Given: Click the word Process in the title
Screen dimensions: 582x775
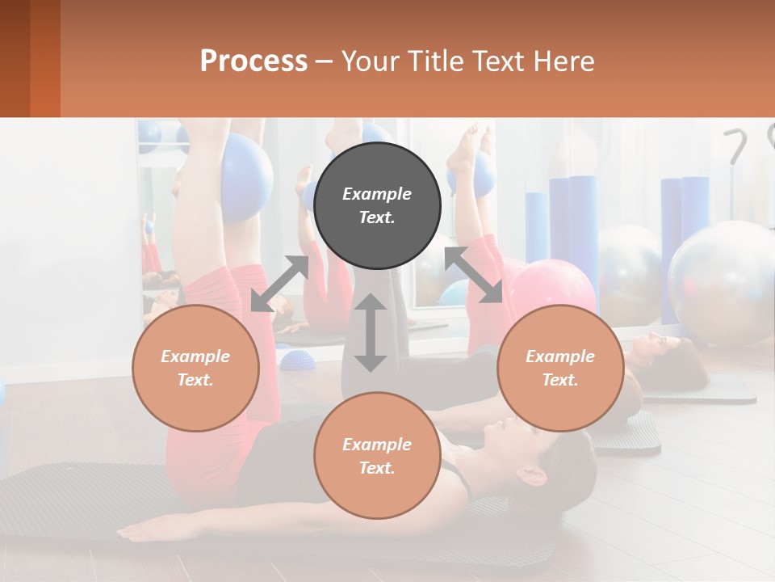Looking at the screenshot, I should (x=253, y=61).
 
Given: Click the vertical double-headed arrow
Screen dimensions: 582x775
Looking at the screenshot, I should (x=371, y=332).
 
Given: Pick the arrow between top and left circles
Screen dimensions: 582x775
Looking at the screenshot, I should (x=279, y=284).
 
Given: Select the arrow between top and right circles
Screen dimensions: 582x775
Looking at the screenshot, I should (x=474, y=276).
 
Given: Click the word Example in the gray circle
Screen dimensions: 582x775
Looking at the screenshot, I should (x=377, y=194).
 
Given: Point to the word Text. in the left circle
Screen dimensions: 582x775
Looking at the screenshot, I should (x=195, y=380).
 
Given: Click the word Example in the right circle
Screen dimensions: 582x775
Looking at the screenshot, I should (x=560, y=356).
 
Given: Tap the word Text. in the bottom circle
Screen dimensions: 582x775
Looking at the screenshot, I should (x=377, y=468).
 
